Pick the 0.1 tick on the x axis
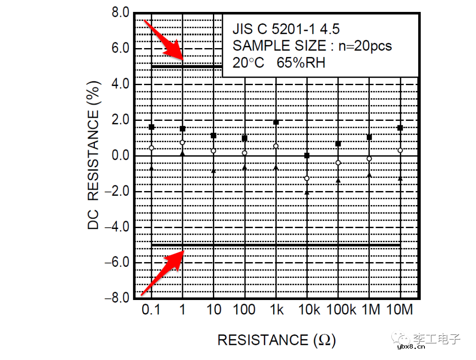pos(151,310)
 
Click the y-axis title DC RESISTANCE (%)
pos(93,155)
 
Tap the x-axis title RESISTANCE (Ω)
pos(276,340)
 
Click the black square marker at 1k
pos(276,122)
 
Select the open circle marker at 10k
pos(307,179)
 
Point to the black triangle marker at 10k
pos(307,192)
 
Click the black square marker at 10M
pos(400,128)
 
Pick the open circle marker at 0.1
pos(151,148)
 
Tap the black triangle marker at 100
pos(245,168)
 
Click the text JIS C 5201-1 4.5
pos(286,30)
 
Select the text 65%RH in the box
pos(301,63)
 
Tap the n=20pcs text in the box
pos(365,46)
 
